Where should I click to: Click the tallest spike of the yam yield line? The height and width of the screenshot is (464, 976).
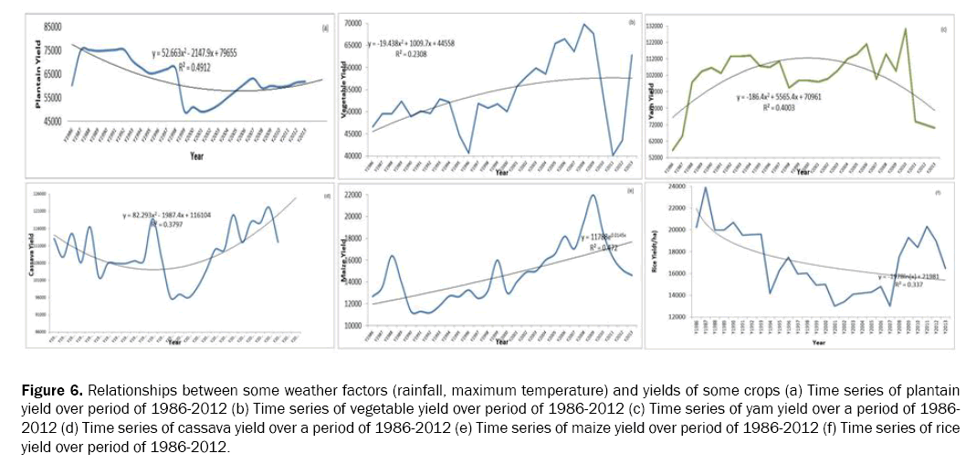pos(906,29)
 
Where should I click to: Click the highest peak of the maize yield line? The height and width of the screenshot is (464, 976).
pos(593,195)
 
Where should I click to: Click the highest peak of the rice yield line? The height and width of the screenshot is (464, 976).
pos(705,187)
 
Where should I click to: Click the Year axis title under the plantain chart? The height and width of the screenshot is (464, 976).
pos(196,156)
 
